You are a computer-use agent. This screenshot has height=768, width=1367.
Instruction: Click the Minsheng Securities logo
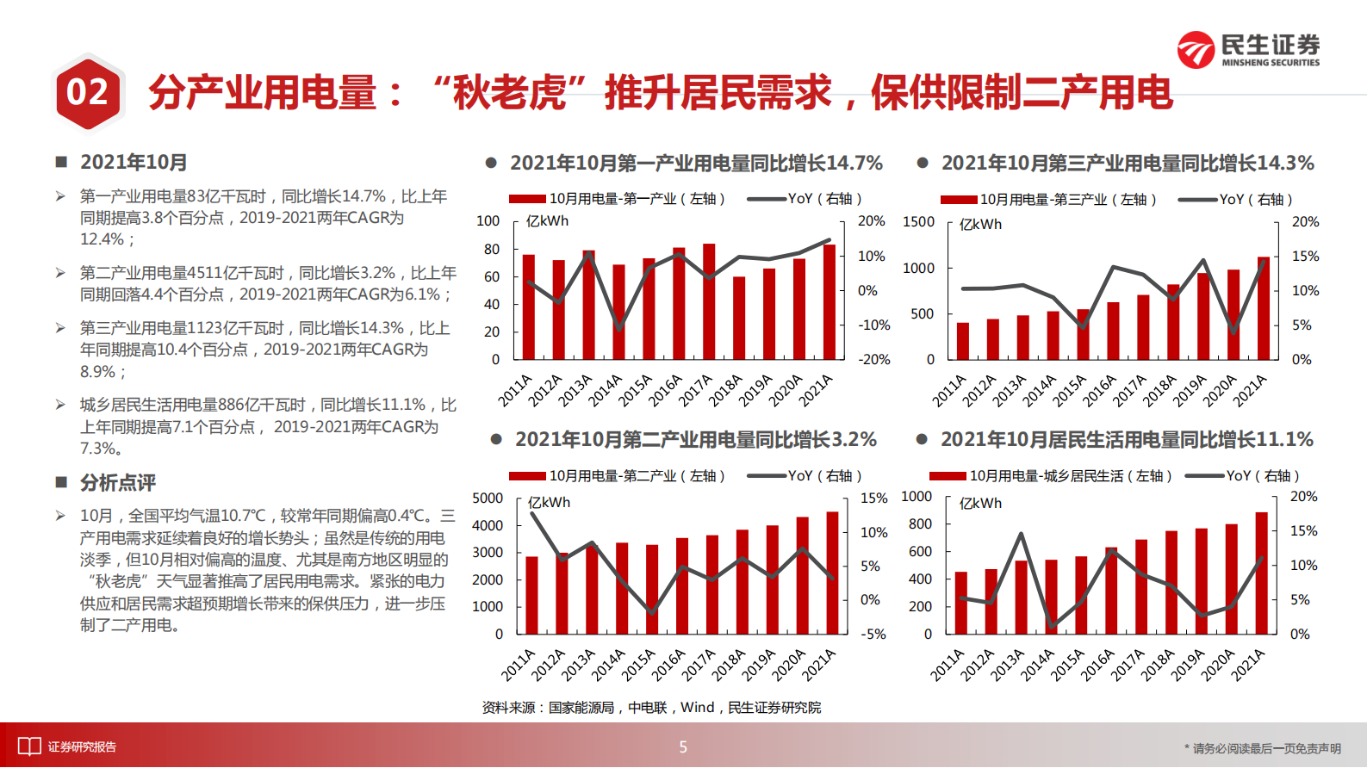pyautogui.click(x=1248, y=50)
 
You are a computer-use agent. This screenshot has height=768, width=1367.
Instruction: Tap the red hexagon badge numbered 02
pyautogui.click(x=87, y=92)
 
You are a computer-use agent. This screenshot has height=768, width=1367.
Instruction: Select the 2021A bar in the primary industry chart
pyautogui.click(x=830, y=301)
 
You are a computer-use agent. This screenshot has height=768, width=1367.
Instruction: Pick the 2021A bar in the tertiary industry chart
pyautogui.click(x=1263, y=307)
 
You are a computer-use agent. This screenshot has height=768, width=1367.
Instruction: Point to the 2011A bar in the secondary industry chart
pyautogui.click(x=531, y=595)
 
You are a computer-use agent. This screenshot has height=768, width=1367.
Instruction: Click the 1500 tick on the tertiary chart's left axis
pyautogui.click(x=918, y=222)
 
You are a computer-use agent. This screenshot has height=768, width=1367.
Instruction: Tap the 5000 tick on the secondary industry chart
pyautogui.click(x=488, y=499)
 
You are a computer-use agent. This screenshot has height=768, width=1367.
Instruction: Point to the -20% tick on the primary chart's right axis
pyautogui.click(x=873, y=360)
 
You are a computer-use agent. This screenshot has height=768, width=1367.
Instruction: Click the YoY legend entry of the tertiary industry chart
pyautogui.click(x=1235, y=200)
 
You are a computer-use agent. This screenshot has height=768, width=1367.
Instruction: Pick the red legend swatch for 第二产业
pyautogui.click(x=527, y=476)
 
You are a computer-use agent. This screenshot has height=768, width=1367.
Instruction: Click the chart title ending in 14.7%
pyautogui.click(x=696, y=163)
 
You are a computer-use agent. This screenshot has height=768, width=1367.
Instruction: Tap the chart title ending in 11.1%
pyautogui.click(x=1127, y=439)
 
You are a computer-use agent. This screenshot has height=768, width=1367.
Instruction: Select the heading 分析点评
pyautogui.click(x=118, y=483)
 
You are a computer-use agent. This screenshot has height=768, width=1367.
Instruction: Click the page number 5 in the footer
pyautogui.click(x=683, y=747)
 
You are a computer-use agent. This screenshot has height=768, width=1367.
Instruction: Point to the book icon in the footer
pyautogui.click(x=29, y=746)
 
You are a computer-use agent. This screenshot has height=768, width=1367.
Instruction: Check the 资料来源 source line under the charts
pyautogui.click(x=651, y=708)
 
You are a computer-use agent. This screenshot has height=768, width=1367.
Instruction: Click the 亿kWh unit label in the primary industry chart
pyautogui.click(x=548, y=221)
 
